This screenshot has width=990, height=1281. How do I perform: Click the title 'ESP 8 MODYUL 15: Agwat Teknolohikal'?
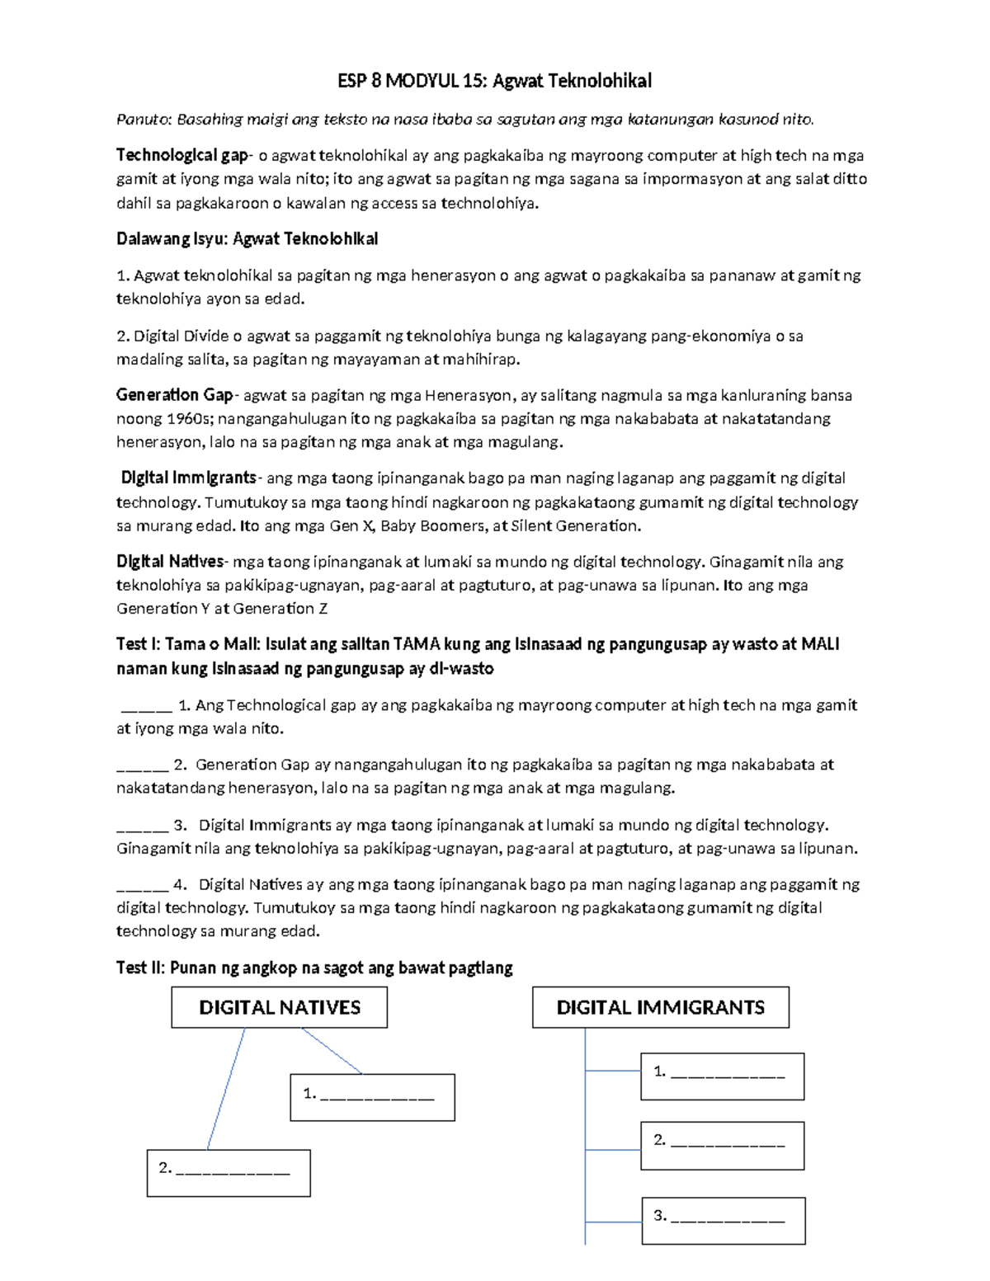click(x=494, y=81)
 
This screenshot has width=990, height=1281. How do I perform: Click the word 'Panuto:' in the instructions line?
click(x=144, y=120)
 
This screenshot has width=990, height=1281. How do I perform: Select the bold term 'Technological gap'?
click(x=181, y=155)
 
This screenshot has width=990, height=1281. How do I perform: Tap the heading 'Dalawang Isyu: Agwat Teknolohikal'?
click(x=247, y=239)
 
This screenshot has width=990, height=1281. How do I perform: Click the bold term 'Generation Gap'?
click(x=174, y=395)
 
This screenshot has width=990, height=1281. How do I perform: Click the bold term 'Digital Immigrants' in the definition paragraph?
click(x=189, y=478)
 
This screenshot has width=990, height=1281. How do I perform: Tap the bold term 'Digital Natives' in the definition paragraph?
click(x=170, y=562)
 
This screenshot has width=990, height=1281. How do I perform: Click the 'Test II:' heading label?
click(x=141, y=968)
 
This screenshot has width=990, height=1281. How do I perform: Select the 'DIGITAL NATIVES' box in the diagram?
click(x=279, y=1007)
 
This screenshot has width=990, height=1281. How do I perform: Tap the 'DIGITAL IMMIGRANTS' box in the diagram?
click(x=660, y=1007)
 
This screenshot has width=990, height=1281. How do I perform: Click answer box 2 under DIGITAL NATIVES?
click(x=229, y=1172)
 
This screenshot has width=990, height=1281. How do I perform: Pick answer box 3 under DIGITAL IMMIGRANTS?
click(x=723, y=1220)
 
